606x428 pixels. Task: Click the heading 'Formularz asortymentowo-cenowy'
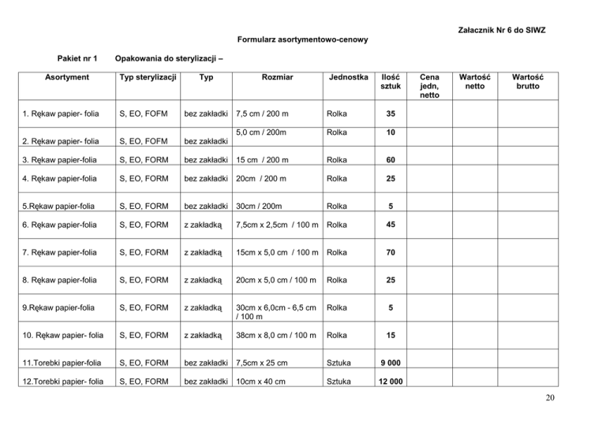(301, 39)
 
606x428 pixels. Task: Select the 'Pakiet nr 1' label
(77, 59)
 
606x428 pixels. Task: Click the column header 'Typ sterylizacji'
(148, 78)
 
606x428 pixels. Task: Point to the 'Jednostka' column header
(347, 78)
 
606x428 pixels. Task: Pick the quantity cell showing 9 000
(390, 361)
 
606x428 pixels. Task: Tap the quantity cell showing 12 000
(390, 383)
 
